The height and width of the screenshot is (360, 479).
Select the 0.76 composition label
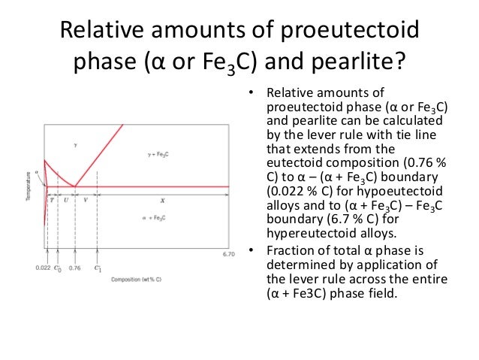point(74,267)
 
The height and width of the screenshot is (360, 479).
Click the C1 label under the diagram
point(98,267)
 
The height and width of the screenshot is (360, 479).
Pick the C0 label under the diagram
point(59,268)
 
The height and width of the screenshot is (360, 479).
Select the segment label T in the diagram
point(52,200)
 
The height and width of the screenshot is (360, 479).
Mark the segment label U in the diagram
point(66,200)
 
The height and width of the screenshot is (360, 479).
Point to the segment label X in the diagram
point(162,200)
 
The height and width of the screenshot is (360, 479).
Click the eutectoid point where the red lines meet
point(74,186)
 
